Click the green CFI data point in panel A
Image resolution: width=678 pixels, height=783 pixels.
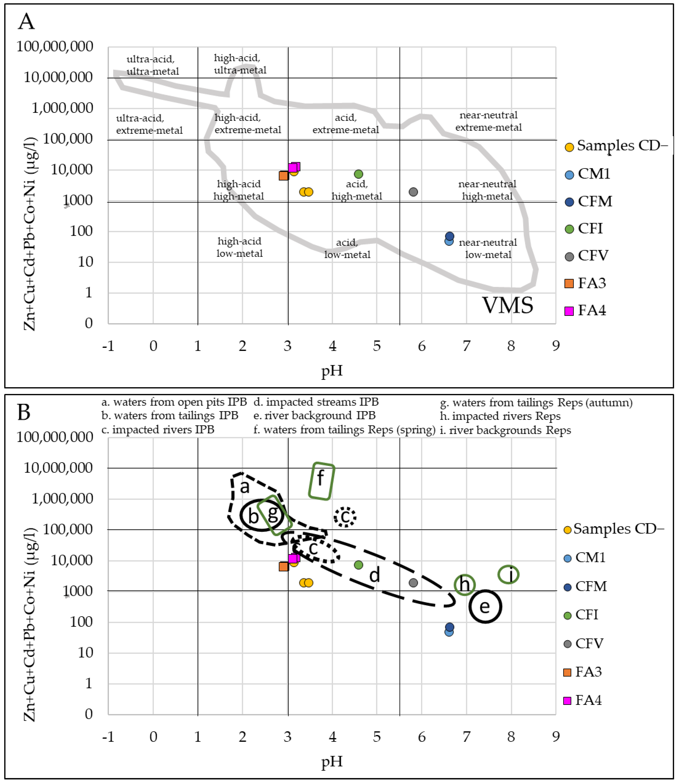pyautogui.click(x=358, y=174)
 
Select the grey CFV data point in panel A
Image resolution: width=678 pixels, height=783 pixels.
pyautogui.click(x=413, y=192)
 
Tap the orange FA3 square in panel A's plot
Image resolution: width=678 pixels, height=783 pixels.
pyautogui.click(x=283, y=176)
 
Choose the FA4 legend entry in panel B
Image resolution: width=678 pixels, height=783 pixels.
pyautogui.click(x=588, y=700)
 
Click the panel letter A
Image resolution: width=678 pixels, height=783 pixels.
pyautogui.click(x=26, y=21)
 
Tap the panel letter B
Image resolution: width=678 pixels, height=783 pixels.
pyautogui.click(x=24, y=412)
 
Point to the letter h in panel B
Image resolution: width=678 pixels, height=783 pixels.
pyautogui.click(x=465, y=584)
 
